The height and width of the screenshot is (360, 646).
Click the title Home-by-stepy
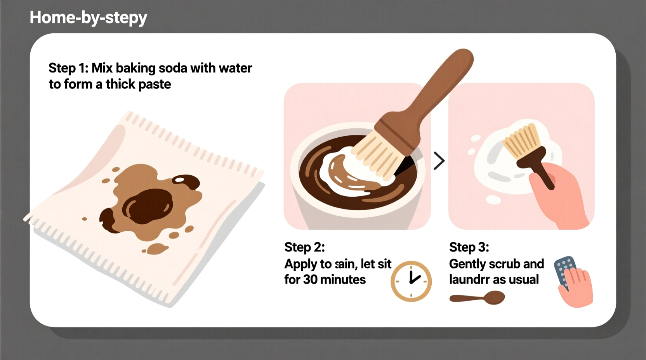pyautogui.click(x=89, y=18)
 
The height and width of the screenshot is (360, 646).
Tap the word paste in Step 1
pyautogui.click(x=154, y=84)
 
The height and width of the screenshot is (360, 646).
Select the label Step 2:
pyautogui.click(x=304, y=247)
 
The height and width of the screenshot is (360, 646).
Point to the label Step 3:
pyautogui.click(x=469, y=247)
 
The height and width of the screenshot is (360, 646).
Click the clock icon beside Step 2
pyautogui.click(x=411, y=281)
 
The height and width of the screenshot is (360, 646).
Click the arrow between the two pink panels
pyautogui.click(x=439, y=161)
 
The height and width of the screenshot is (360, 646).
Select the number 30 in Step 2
pyautogui.click(x=311, y=279)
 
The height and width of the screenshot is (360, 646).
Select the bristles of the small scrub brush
pyautogui.click(x=521, y=140)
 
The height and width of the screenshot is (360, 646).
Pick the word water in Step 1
pyautogui.click(x=235, y=68)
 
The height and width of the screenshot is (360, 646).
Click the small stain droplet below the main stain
pyautogui.click(x=157, y=248)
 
